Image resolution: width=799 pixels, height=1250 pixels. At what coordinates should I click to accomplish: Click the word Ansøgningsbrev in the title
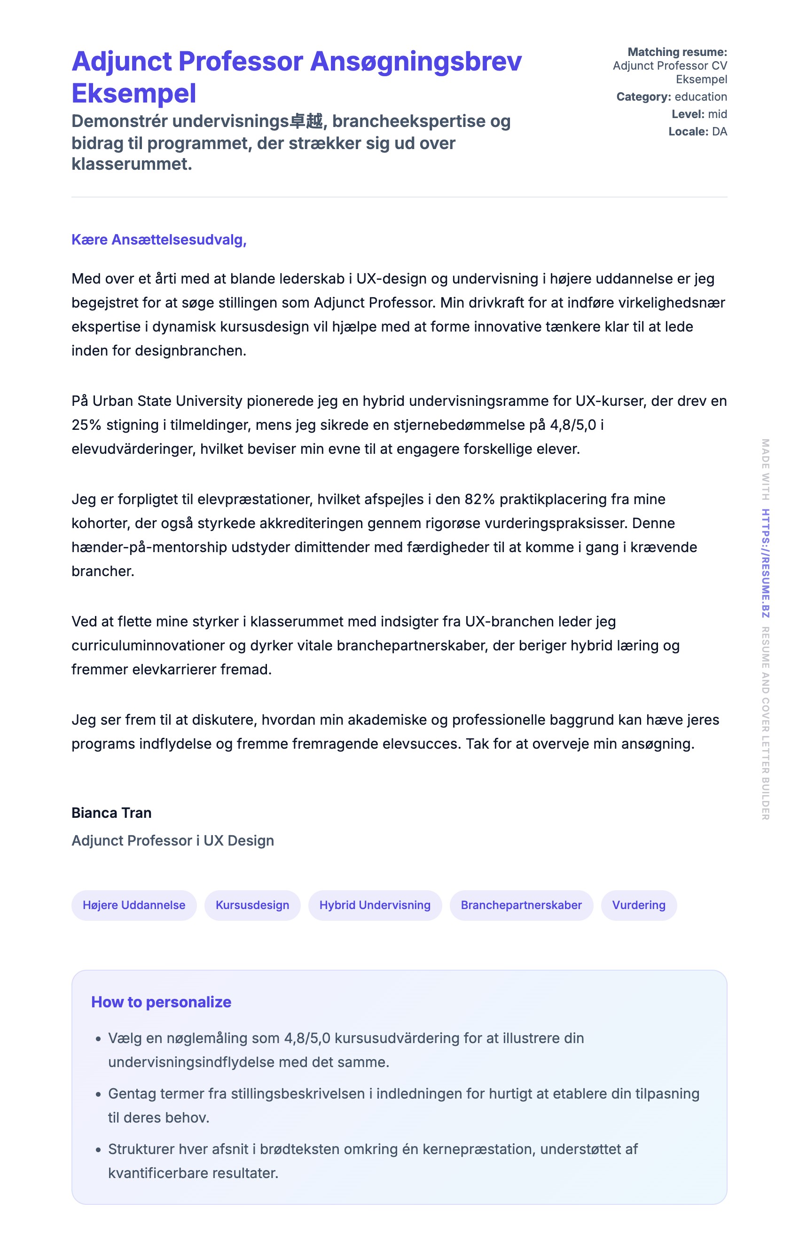tap(415, 62)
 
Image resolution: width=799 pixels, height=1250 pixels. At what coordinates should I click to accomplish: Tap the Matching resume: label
tap(677, 52)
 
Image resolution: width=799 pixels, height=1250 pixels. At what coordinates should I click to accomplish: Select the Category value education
tap(700, 96)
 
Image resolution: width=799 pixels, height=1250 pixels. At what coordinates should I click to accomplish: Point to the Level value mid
tap(718, 114)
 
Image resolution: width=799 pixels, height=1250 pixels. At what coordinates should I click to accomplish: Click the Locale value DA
tap(719, 131)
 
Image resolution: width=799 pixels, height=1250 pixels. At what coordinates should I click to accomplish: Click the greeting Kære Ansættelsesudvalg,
tap(159, 240)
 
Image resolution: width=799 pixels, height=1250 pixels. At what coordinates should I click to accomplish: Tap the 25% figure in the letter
tap(86, 425)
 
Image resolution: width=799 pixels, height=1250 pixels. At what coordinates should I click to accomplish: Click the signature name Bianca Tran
tap(111, 813)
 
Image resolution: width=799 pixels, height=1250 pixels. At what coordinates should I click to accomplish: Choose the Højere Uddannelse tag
tap(134, 905)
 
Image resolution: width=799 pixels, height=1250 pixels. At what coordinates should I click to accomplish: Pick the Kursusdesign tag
tap(252, 905)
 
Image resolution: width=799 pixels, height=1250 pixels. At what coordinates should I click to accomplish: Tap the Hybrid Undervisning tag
tap(375, 905)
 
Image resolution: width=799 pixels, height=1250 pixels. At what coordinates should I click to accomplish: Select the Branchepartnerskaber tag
tap(521, 905)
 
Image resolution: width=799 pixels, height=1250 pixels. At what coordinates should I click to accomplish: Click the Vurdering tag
tap(638, 905)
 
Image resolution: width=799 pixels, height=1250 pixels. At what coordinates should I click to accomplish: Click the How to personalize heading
tap(161, 1002)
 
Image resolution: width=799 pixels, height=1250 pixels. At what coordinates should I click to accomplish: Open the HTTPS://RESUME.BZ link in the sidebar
tap(765, 563)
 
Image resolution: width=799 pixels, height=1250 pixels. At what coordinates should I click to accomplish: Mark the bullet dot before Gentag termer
tap(98, 1095)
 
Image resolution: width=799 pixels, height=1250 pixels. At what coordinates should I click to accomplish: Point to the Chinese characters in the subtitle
tap(306, 121)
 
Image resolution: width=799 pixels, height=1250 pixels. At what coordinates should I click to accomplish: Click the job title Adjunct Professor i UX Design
tap(172, 841)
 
